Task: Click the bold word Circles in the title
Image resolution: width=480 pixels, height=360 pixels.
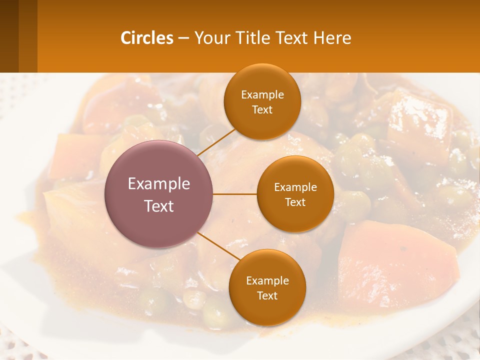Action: pyautogui.click(x=146, y=38)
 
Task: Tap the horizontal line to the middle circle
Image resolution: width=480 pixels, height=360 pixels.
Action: pyautogui.click(x=235, y=194)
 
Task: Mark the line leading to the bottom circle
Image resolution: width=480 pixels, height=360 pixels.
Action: pyautogui.click(x=218, y=246)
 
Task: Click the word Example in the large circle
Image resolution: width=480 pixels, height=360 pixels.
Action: pyautogui.click(x=159, y=184)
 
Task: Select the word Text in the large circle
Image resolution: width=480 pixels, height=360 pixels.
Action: pyautogui.click(x=159, y=206)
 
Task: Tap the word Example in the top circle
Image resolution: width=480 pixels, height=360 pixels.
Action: pyautogui.click(x=262, y=94)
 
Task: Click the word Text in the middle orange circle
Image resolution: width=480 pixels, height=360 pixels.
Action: pyautogui.click(x=295, y=202)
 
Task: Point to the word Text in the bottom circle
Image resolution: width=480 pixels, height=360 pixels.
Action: pyautogui.click(x=267, y=295)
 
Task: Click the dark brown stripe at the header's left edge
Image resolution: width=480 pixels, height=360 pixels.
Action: pyautogui.click(x=9, y=36)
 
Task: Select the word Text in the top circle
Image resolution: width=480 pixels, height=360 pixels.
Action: pyautogui.click(x=262, y=109)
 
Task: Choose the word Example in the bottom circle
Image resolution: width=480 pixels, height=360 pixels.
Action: pyautogui.click(x=267, y=280)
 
